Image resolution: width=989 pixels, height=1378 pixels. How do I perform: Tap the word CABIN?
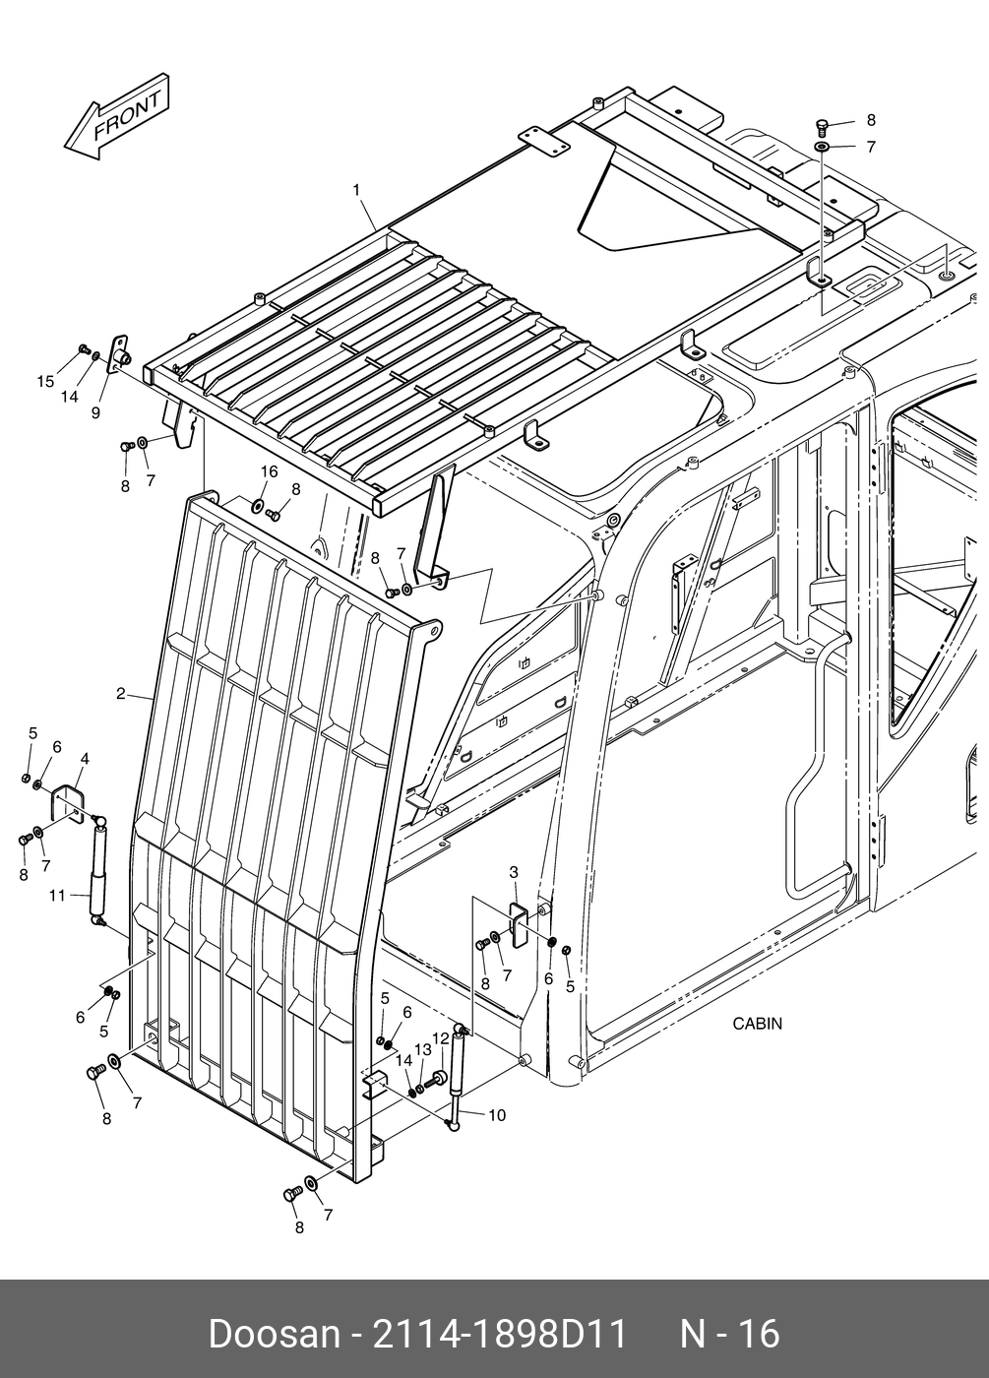(757, 1024)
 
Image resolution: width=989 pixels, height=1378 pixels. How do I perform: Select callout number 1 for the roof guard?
(356, 189)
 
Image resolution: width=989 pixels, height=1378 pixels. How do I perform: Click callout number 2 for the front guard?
(120, 694)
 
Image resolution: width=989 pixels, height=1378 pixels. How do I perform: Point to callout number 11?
(56, 896)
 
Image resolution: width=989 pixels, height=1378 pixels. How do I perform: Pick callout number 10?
(496, 1115)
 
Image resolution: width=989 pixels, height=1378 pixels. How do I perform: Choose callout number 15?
(45, 382)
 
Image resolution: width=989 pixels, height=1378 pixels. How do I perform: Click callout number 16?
(269, 472)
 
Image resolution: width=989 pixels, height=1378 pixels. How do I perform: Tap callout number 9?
(95, 413)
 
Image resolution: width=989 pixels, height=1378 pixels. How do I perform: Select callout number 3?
(514, 872)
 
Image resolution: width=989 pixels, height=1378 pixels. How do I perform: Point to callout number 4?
(85, 759)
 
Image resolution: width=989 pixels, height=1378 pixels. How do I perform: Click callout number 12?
(441, 1037)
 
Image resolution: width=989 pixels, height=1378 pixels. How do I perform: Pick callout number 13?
(422, 1049)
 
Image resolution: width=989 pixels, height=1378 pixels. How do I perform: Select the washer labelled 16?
(257, 506)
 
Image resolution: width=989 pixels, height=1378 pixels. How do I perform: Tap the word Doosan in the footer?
(274, 1335)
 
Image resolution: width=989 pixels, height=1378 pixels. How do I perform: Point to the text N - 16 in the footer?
(730, 1335)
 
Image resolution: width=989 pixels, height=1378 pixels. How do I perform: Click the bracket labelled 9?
(122, 353)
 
